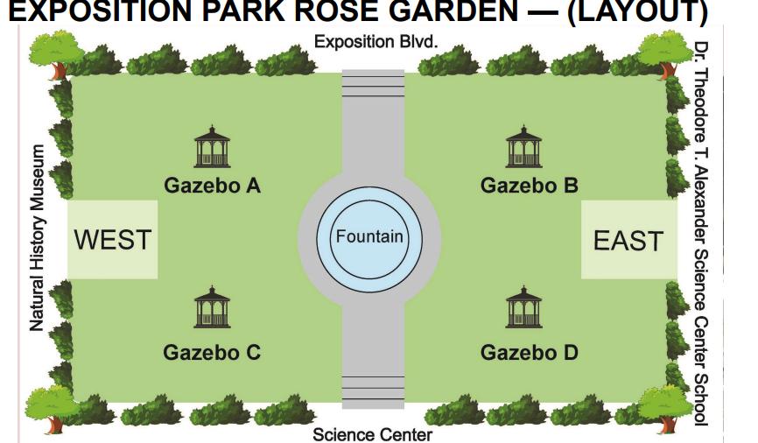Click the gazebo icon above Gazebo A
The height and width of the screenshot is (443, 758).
(x=212, y=146)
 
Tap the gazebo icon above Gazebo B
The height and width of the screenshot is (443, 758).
(x=523, y=146)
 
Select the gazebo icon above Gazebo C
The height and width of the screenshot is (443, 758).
(x=212, y=307)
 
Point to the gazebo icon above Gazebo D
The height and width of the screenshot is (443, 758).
(x=523, y=307)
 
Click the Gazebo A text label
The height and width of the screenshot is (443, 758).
(x=212, y=186)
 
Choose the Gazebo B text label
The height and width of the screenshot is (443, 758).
(x=530, y=186)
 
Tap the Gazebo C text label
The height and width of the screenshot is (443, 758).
(x=212, y=353)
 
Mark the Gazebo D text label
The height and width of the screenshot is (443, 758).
(x=530, y=353)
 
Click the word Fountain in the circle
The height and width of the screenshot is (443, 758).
(x=369, y=236)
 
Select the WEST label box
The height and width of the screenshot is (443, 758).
(x=113, y=239)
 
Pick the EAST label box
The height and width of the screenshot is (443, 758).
(x=628, y=240)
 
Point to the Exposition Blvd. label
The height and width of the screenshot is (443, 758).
(x=376, y=42)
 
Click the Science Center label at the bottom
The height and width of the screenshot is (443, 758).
(x=372, y=434)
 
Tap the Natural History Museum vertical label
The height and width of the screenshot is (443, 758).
(x=38, y=238)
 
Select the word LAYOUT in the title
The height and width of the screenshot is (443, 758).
(x=635, y=11)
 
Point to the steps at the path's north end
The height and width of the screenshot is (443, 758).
(x=373, y=83)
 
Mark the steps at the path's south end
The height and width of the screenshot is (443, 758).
(x=373, y=390)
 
